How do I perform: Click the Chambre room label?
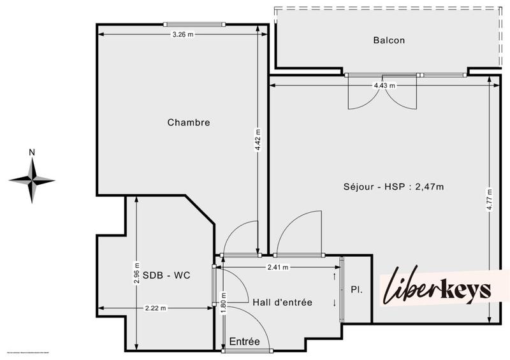click(x=189, y=122)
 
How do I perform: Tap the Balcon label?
click(x=389, y=40)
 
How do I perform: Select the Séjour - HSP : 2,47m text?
click(x=393, y=187)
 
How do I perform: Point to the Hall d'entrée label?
click(x=282, y=302)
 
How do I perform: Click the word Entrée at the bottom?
click(x=245, y=342)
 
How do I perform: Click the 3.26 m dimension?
click(x=182, y=34)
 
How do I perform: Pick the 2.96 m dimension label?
click(x=136, y=272)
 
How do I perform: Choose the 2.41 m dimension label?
click(x=277, y=267)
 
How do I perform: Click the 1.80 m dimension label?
click(x=224, y=300)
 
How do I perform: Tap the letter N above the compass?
click(x=31, y=152)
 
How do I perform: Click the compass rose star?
click(x=31, y=180)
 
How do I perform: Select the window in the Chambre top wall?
click(x=193, y=24)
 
